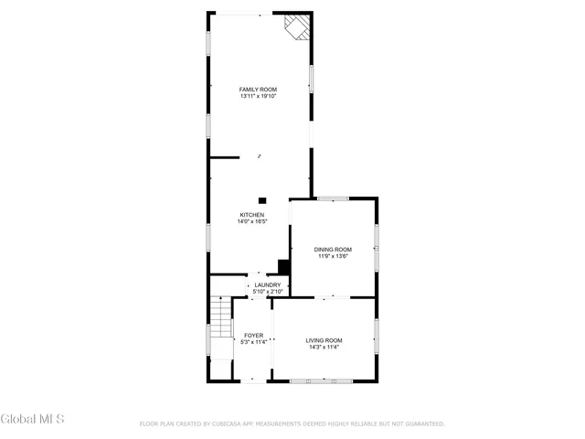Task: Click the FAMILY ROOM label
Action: click(259, 89)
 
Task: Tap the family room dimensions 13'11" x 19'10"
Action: click(259, 96)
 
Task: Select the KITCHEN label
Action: click(252, 215)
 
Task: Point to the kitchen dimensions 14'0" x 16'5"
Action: click(252, 222)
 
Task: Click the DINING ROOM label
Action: click(333, 249)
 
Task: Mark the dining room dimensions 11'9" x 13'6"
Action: click(333, 256)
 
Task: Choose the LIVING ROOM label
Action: click(324, 340)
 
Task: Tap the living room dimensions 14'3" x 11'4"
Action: click(324, 348)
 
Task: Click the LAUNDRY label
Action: click(268, 284)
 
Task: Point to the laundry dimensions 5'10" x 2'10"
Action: click(268, 292)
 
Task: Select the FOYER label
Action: click(253, 336)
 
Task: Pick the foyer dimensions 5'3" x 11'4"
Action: click(253, 343)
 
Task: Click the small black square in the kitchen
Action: click(263, 200)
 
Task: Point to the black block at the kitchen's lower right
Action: click(283, 267)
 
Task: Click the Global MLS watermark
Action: click(33, 420)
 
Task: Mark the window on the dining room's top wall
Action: click(333, 198)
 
